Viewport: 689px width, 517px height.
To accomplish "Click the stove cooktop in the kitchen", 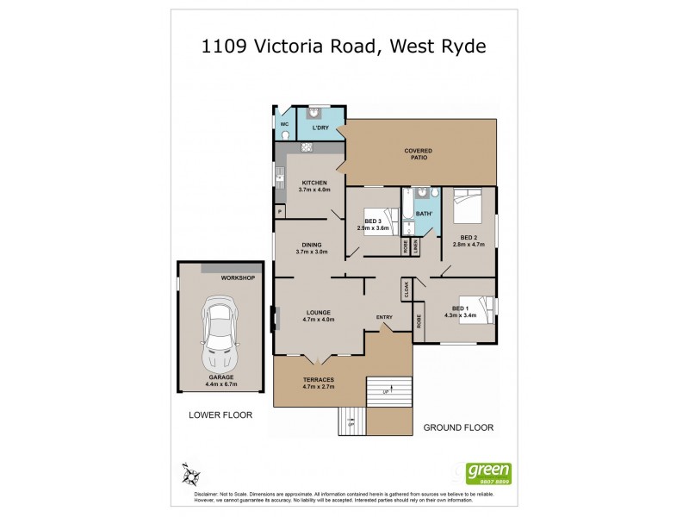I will coord(306,147).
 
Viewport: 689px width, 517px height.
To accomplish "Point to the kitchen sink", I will coord(279,179).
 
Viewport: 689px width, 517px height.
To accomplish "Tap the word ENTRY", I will coord(384,317).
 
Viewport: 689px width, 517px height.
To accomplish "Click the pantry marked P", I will coord(280,211).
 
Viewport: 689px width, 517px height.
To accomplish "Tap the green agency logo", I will coord(488,473).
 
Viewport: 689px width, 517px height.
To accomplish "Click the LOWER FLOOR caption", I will coord(220,414).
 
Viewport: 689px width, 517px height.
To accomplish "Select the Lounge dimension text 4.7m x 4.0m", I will coord(318,320).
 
